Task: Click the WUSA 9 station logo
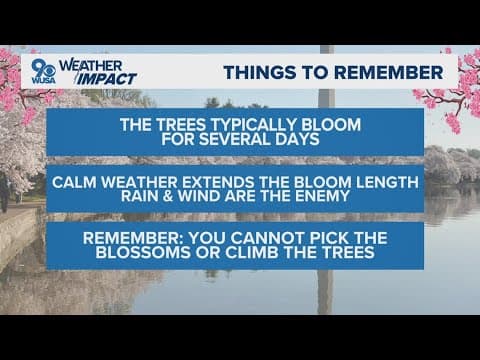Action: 44,71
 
